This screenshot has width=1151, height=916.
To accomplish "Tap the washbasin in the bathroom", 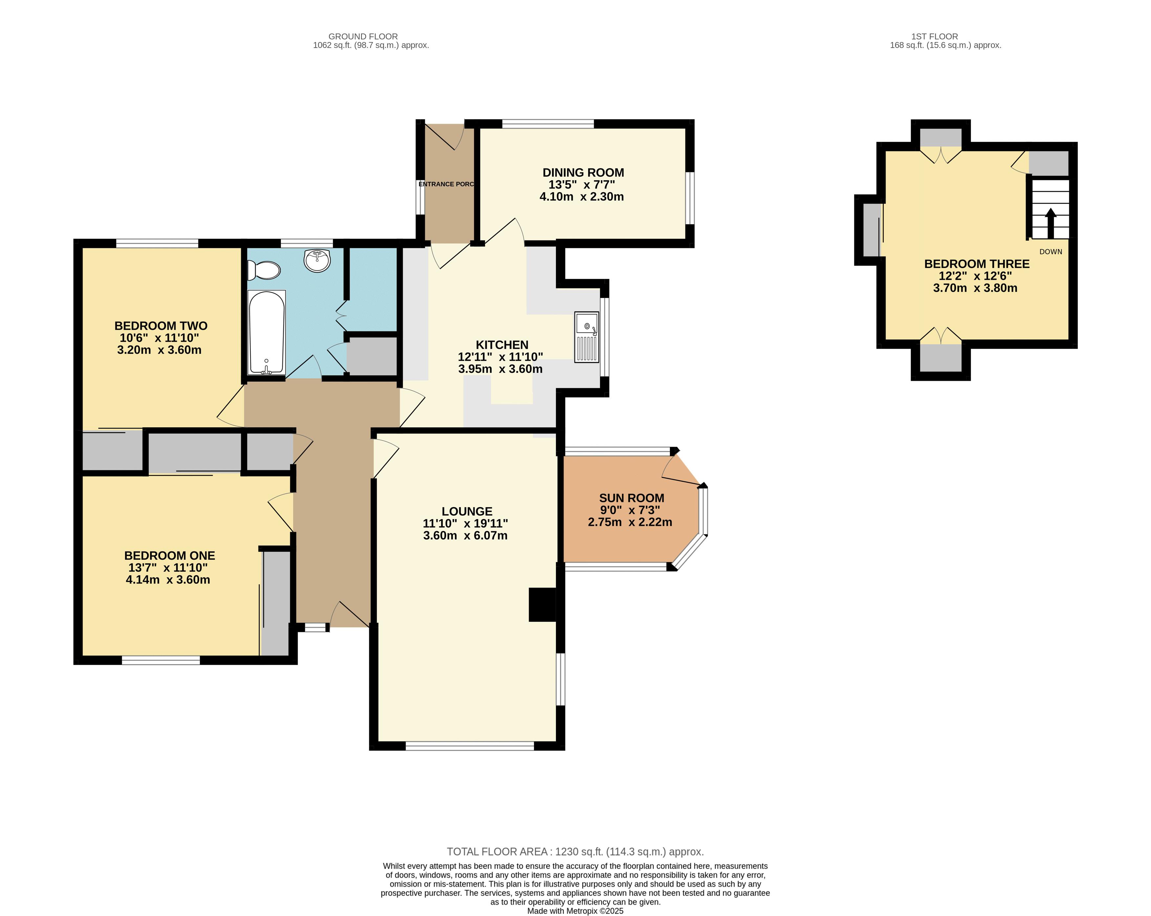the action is click(317, 261).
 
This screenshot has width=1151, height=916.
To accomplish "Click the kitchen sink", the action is click(587, 337).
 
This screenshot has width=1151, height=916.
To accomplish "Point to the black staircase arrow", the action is click(1050, 223).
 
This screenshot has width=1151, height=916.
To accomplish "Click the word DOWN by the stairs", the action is click(1051, 252).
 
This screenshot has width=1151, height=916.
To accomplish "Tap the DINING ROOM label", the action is click(583, 172).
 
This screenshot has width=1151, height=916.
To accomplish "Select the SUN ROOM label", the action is click(631, 498).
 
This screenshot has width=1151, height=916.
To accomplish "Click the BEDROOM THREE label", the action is click(977, 264).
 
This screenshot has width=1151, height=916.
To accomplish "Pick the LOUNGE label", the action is click(467, 511).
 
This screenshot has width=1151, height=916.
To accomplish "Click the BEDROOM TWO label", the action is click(161, 326).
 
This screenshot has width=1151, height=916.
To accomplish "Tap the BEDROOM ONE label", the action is click(170, 555).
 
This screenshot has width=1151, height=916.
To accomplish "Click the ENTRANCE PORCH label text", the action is click(446, 184).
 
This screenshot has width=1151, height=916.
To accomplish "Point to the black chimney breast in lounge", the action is click(543, 605).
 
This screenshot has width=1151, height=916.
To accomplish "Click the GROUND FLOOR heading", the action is click(363, 36).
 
